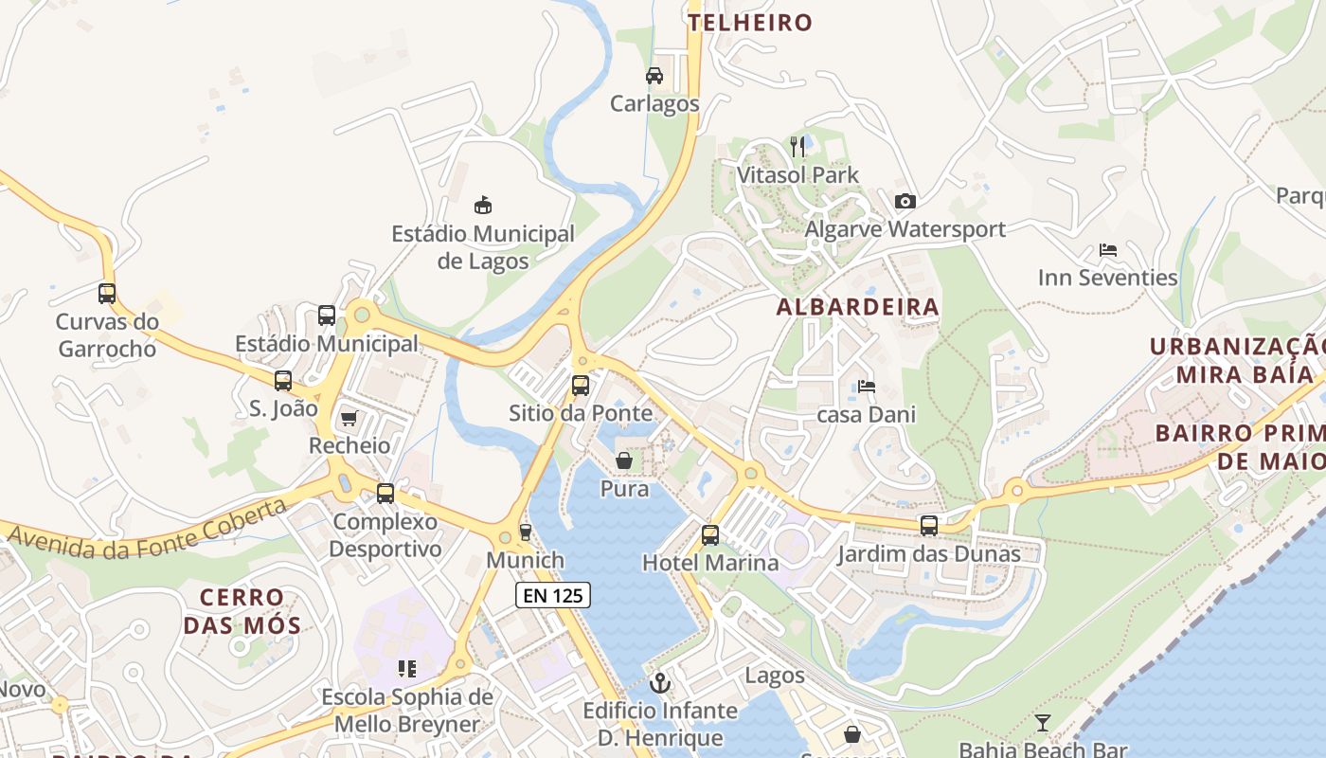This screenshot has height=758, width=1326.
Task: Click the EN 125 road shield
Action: pyautogui.click(x=553, y=595)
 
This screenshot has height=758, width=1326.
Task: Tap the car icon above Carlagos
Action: pyautogui.click(x=654, y=75)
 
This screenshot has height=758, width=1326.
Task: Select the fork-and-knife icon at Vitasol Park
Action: pyautogui.click(x=797, y=146)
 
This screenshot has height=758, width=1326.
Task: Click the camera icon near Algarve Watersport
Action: pyautogui.click(x=905, y=201)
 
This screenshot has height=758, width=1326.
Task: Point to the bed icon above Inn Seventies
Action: pyautogui.click(x=1107, y=250)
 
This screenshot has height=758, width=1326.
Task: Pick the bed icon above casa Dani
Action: pyautogui.click(x=866, y=387)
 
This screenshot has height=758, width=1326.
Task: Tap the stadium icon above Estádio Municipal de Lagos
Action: pyautogui.click(x=483, y=205)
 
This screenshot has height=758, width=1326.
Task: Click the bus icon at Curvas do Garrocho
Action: pyautogui.click(x=107, y=294)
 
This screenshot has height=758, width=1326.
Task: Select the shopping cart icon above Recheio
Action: pyautogui.click(x=349, y=418)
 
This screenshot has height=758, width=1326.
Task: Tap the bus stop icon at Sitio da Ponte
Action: pyautogui.click(x=581, y=386)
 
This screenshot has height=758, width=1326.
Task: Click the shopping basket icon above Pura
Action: pyautogui.click(x=624, y=461)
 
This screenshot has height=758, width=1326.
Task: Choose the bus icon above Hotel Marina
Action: pyautogui.click(x=710, y=535)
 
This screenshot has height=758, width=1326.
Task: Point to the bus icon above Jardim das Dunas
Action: pyautogui.click(x=929, y=526)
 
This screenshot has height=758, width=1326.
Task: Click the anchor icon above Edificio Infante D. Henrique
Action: pyautogui.click(x=660, y=682)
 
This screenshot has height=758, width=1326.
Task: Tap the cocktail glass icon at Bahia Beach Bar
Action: pyautogui.click(x=1043, y=723)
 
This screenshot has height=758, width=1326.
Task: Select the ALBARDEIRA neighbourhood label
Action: pyautogui.click(x=858, y=307)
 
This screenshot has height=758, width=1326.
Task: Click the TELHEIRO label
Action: pyautogui.click(x=751, y=23)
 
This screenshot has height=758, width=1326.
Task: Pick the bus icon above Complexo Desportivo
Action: pyautogui.click(x=385, y=494)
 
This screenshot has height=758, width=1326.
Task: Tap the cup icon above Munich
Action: pyautogui.click(x=526, y=532)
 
